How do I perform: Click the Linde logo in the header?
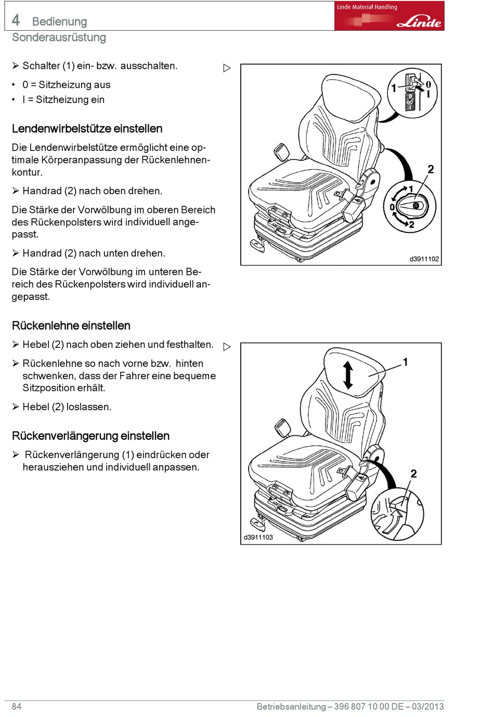pyautogui.click(x=419, y=22)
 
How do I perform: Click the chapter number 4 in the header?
pyautogui.click(x=16, y=20)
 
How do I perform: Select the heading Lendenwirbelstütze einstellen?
pyautogui.click(x=87, y=129)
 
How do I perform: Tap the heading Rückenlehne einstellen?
pyautogui.click(x=71, y=326)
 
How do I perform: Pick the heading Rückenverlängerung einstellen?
pyautogui.click(x=90, y=436)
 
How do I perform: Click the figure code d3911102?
pyautogui.click(x=424, y=259)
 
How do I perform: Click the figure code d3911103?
pyautogui.click(x=258, y=537)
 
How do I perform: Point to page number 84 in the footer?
pyautogui.click(x=17, y=707)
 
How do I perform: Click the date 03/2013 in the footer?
pyautogui.click(x=428, y=707)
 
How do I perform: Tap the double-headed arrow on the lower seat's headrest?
pyautogui.click(x=348, y=375)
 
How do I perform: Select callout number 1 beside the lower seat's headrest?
pyautogui.click(x=405, y=362)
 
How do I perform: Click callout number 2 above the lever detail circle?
pyautogui.click(x=413, y=473)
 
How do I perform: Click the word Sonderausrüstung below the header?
pyautogui.click(x=59, y=37)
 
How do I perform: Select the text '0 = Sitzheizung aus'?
pyautogui.click(x=66, y=85)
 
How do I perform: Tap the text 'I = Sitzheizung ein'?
pyautogui.click(x=63, y=100)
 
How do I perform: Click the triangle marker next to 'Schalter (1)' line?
pyautogui.click(x=227, y=68)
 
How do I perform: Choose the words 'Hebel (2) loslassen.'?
pyautogui.click(x=67, y=407)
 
